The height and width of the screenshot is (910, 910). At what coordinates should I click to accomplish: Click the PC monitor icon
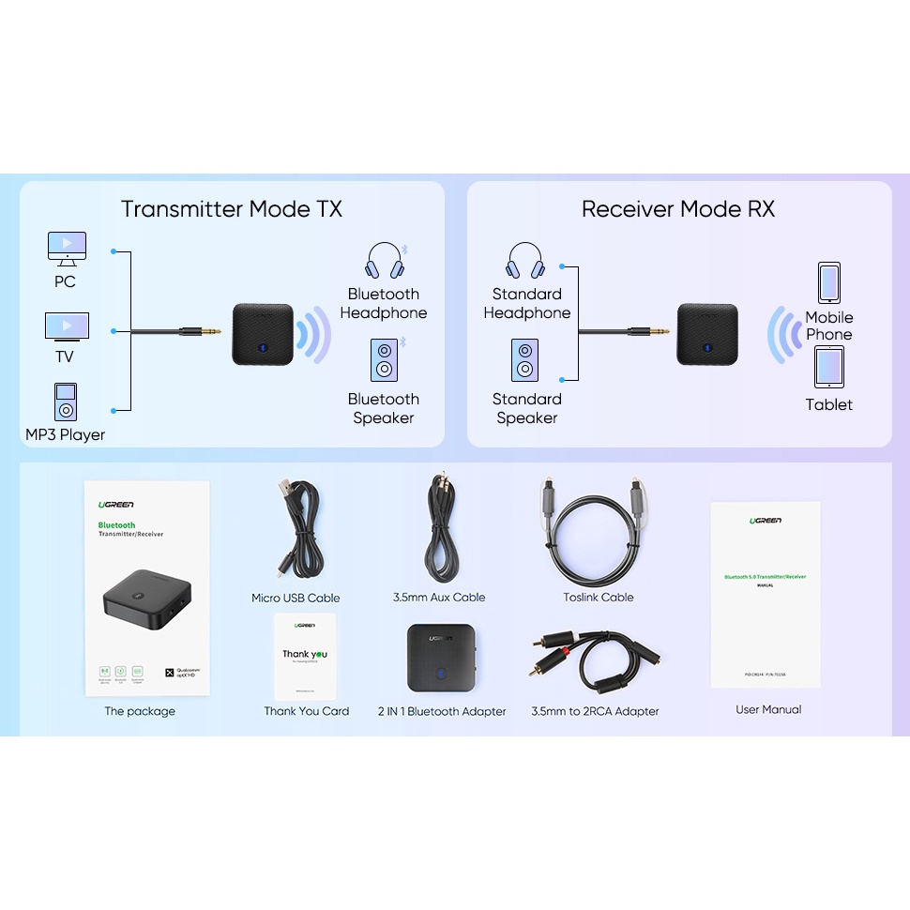pos(67,248)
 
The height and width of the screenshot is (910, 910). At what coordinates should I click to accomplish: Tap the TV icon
pos(67,327)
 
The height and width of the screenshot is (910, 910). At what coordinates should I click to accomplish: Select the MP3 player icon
pos(65,402)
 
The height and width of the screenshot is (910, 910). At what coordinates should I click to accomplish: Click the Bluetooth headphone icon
pos(385,262)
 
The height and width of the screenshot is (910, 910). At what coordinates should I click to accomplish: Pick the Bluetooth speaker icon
pos(384,359)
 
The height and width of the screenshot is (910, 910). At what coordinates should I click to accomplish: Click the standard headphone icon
pos(525,262)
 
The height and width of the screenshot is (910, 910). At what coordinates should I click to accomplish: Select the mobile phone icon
pos(828,282)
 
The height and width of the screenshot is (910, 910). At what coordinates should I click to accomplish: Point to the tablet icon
pos(828,368)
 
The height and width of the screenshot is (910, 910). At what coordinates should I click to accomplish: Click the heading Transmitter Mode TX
pos(232,209)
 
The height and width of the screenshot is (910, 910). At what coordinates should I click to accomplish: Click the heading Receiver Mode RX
pos(678,209)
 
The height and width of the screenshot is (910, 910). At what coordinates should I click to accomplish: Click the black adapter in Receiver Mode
pos(707,334)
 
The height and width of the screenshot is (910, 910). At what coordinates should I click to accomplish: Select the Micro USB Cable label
pos(296,598)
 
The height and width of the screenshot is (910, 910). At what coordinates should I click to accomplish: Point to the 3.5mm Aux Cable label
pos(439,597)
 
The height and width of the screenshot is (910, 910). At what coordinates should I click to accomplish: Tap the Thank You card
pos(305,656)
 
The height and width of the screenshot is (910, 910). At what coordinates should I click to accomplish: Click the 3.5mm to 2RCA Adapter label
pos(595,711)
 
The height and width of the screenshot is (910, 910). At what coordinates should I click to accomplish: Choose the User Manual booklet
pos(766,595)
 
